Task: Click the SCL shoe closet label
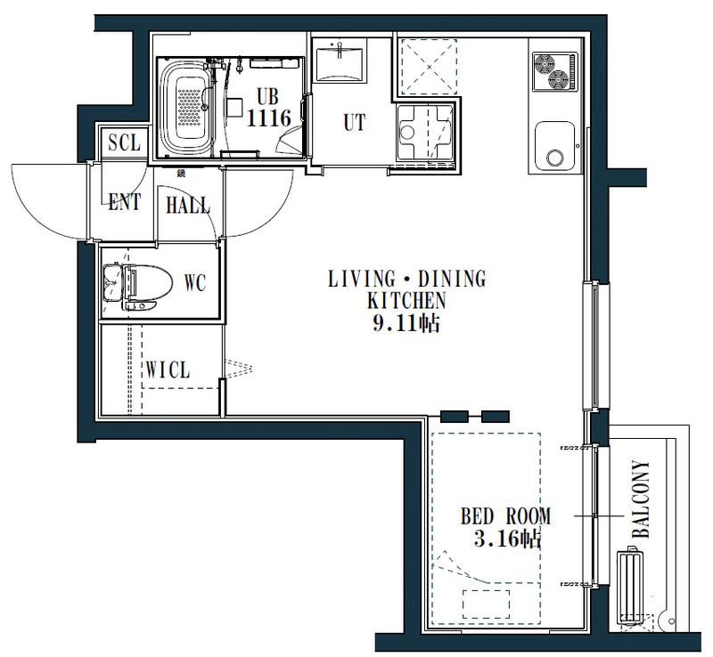pos(124,142)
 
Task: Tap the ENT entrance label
pos(124,202)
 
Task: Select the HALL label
pos(188,205)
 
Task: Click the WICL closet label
pos(168,369)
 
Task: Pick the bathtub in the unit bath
pos(187,107)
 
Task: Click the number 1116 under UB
pos(269,118)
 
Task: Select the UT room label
pos(354,122)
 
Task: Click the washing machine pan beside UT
pos(426,133)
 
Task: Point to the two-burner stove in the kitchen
pos(554,72)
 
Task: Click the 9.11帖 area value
pos(406,323)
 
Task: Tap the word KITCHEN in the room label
pos(406,300)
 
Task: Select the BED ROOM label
pos(505,516)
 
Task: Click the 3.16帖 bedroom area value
pos(507,539)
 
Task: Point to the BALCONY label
pos(641,499)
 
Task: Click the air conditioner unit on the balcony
pos(630,585)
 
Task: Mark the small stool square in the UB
pos(235,108)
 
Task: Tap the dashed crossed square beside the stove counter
pos(429,67)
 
